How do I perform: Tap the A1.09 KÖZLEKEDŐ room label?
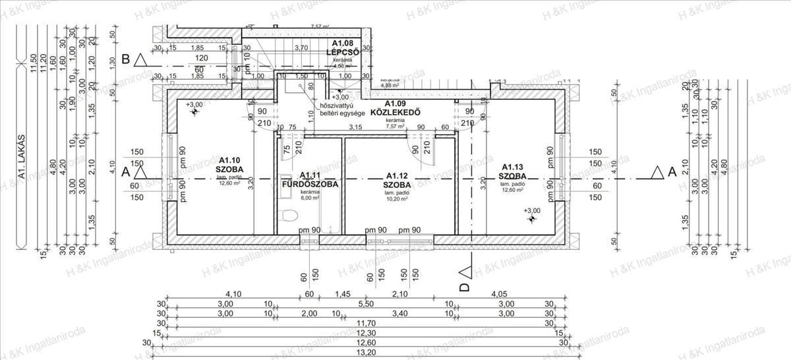click(395, 108)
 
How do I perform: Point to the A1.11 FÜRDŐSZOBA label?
click(309, 180)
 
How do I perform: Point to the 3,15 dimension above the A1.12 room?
click(356, 127)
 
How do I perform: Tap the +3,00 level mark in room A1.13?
click(531, 210)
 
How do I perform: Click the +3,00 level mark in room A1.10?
click(194, 105)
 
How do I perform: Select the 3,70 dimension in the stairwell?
click(301, 47)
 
